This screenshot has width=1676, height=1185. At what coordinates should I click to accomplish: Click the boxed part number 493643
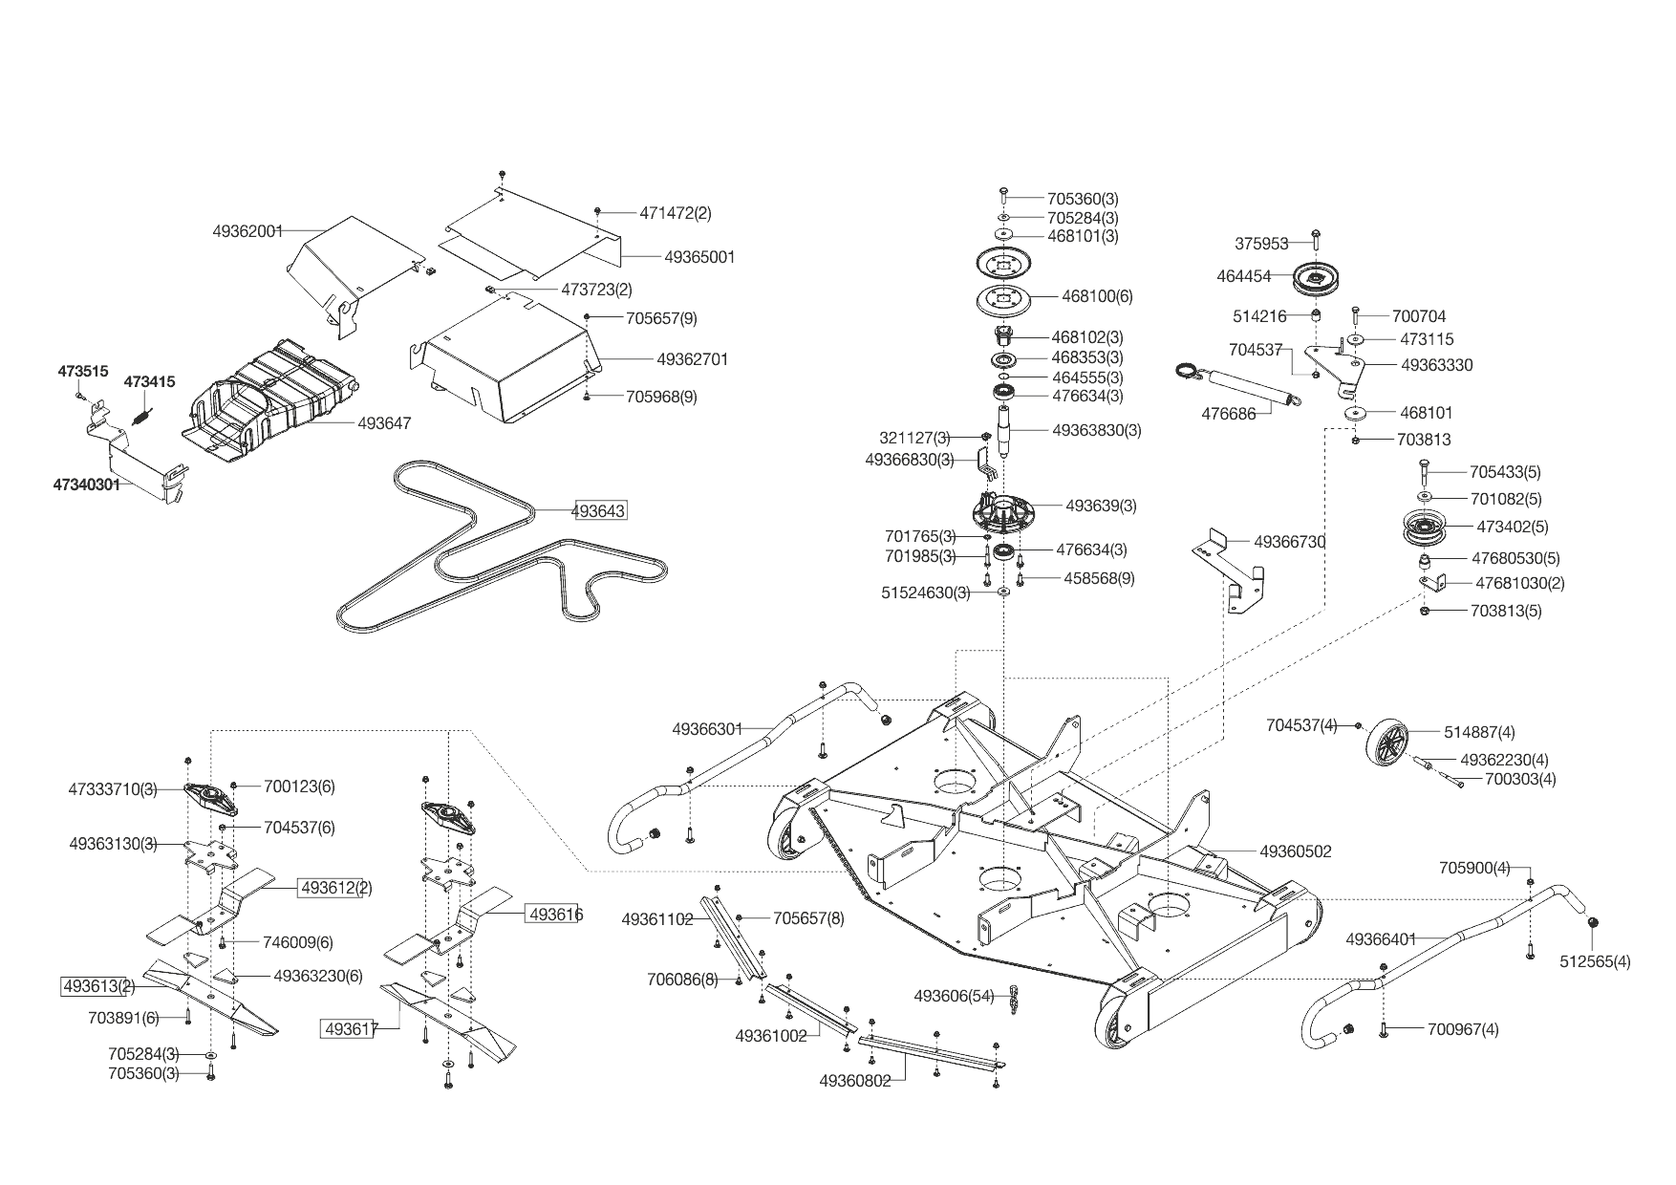598,511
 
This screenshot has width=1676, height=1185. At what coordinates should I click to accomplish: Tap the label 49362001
247,230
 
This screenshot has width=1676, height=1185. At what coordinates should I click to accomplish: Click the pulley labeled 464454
1320,278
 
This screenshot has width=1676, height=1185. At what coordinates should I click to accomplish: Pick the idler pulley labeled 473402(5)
1421,527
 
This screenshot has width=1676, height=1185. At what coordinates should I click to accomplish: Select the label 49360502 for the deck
1295,851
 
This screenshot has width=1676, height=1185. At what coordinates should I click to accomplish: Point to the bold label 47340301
86,485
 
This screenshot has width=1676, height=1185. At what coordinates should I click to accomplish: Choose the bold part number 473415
149,382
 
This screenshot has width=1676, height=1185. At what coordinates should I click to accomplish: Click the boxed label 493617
351,1028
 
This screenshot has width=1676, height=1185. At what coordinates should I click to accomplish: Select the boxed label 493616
555,915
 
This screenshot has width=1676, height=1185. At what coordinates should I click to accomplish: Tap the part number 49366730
1289,542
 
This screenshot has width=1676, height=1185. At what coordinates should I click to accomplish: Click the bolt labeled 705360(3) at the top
1003,196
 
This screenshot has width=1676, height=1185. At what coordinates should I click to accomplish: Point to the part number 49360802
855,1081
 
